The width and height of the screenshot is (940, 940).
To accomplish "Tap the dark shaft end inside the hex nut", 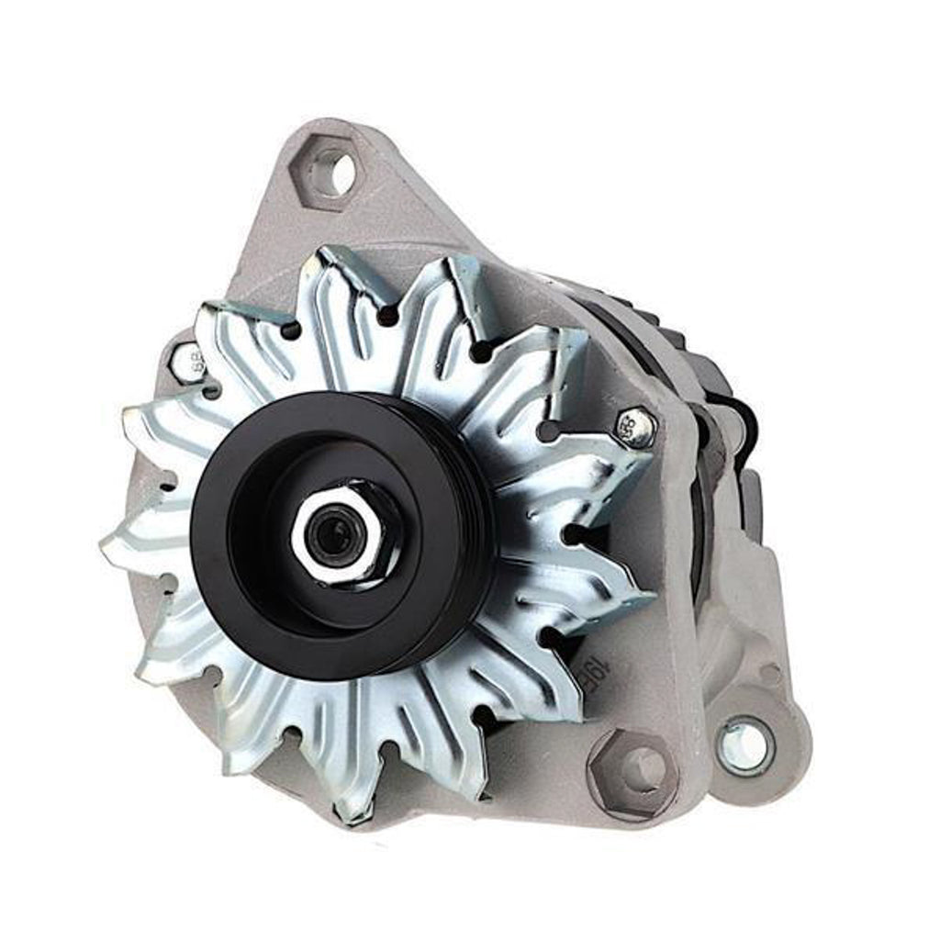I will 332,532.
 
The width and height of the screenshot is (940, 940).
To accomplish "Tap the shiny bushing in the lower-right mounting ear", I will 745,745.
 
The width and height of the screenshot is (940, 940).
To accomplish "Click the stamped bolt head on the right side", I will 637,428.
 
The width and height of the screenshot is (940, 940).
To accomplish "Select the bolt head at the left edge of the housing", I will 187,362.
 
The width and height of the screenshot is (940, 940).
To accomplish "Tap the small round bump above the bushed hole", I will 769,675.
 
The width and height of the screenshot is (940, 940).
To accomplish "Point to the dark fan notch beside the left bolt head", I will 212,390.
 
